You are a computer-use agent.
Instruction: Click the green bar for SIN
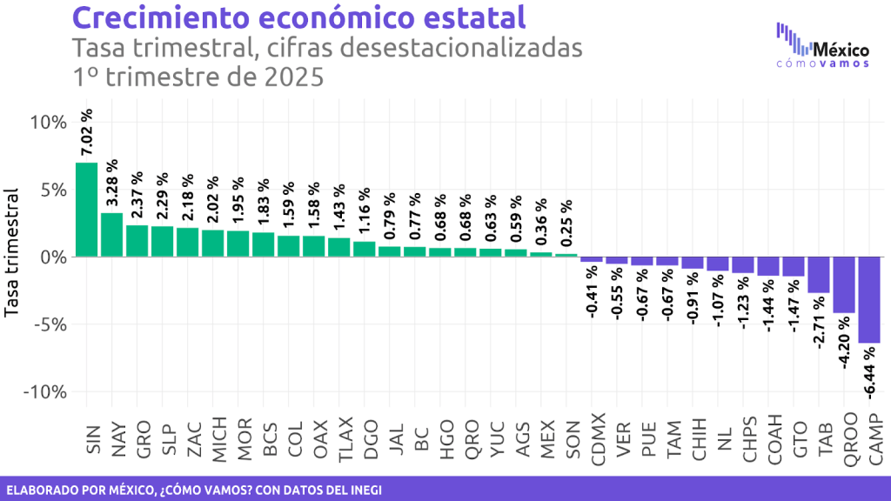(x=87, y=210)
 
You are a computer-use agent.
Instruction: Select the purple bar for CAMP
(x=868, y=300)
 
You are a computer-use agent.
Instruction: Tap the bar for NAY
(x=112, y=235)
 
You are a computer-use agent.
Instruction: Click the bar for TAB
(x=818, y=275)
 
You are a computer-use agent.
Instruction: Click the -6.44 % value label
(x=868, y=373)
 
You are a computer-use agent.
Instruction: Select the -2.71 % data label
(x=818, y=323)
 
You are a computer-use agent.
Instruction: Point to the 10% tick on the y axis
(x=48, y=122)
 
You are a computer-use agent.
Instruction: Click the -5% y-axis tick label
(x=48, y=324)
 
